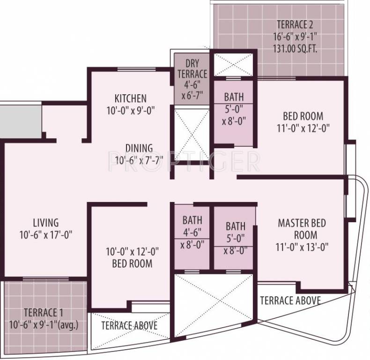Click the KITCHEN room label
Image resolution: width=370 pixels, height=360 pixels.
coord(131,98)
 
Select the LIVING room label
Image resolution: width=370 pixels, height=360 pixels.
coord(45,222)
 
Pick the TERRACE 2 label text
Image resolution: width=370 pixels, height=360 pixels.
coord(296,24)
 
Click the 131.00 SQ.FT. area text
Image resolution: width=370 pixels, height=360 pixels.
coord(296,47)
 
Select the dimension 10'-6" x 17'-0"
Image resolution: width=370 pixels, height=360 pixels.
coord(45,234)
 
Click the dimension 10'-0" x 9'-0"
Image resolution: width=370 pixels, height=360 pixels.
coord(131,111)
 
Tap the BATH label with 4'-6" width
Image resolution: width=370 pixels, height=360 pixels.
coord(192,220)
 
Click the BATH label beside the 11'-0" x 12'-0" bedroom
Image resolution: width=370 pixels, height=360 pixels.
coord(234,97)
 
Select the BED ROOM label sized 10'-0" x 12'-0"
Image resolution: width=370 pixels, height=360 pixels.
coord(132,263)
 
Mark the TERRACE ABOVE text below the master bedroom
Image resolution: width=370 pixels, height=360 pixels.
coord(290,300)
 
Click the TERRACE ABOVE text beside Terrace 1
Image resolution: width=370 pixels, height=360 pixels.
coord(129,325)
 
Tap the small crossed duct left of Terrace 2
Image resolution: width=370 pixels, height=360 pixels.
coord(233,63)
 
